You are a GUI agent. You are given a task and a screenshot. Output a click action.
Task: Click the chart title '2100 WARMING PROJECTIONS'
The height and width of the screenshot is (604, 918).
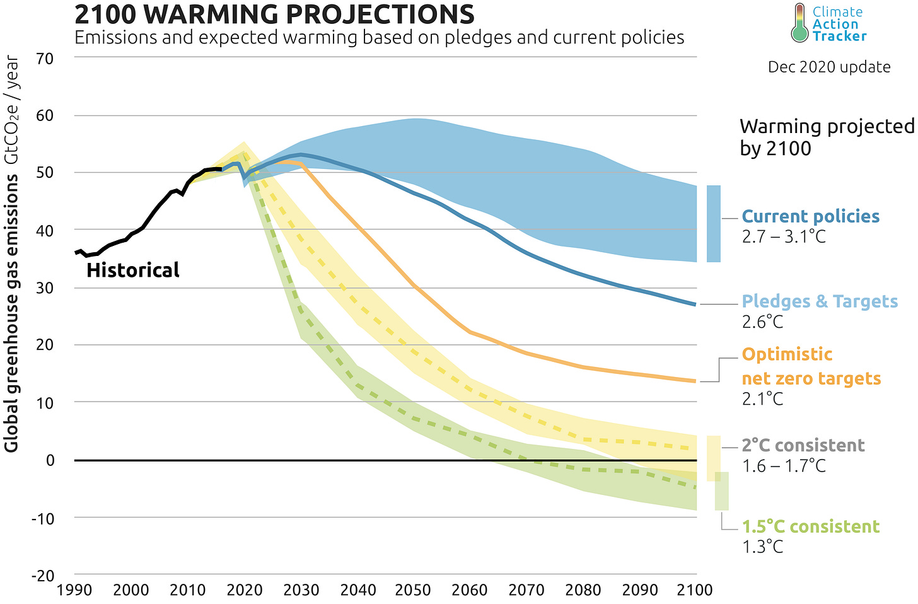pyautogui.click(x=274, y=14)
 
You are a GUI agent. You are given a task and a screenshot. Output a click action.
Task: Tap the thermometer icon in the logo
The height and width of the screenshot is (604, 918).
pyautogui.click(x=799, y=23)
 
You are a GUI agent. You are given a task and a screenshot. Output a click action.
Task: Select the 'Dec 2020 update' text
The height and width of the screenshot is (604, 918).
pyautogui.click(x=828, y=67)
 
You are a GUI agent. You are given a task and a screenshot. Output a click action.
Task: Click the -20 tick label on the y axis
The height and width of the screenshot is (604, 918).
pyautogui.click(x=44, y=576)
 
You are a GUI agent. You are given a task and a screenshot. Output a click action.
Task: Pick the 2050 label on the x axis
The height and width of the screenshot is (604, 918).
pyautogui.click(x=412, y=591)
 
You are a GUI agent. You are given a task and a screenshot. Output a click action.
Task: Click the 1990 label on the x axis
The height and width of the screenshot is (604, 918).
pyautogui.click(x=74, y=591)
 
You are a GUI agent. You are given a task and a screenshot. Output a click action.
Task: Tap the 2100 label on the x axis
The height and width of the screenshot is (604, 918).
pyautogui.click(x=694, y=591)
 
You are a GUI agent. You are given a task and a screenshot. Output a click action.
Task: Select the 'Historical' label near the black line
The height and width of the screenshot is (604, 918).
pyautogui.click(x=132, y=270)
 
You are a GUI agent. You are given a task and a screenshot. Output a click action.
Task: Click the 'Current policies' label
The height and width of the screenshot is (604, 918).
pyautogui.click(x=810, y=216)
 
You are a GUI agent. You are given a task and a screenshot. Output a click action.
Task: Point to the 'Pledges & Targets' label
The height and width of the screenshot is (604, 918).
pyautogui.click(x=819, y=301)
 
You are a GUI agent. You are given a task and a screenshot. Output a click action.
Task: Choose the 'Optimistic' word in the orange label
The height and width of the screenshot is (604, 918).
pyautogui.click(x=787, y=354)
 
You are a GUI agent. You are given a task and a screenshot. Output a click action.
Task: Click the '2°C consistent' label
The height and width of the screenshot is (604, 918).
pyautogui.click(x=803, y=445)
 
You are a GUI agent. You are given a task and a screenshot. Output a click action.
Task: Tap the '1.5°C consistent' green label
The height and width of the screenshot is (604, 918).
pyautogui.click(x=810, y=526)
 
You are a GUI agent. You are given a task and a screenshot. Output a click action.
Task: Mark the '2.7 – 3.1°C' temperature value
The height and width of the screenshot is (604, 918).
pyautogui.click(x=783, y=238)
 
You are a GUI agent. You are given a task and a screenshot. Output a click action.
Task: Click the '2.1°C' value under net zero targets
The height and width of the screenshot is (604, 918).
pyautogui.click(x=762, y=399)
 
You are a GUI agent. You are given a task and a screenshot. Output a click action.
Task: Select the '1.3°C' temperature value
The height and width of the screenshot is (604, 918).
pyautogui.click(x=762, y=547)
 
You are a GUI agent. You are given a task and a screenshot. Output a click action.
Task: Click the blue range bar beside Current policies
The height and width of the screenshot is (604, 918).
pyautogui.click(x=713, y=224)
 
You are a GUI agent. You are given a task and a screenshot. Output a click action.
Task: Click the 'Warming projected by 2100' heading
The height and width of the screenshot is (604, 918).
pyautogui.click(x=826, y=137)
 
